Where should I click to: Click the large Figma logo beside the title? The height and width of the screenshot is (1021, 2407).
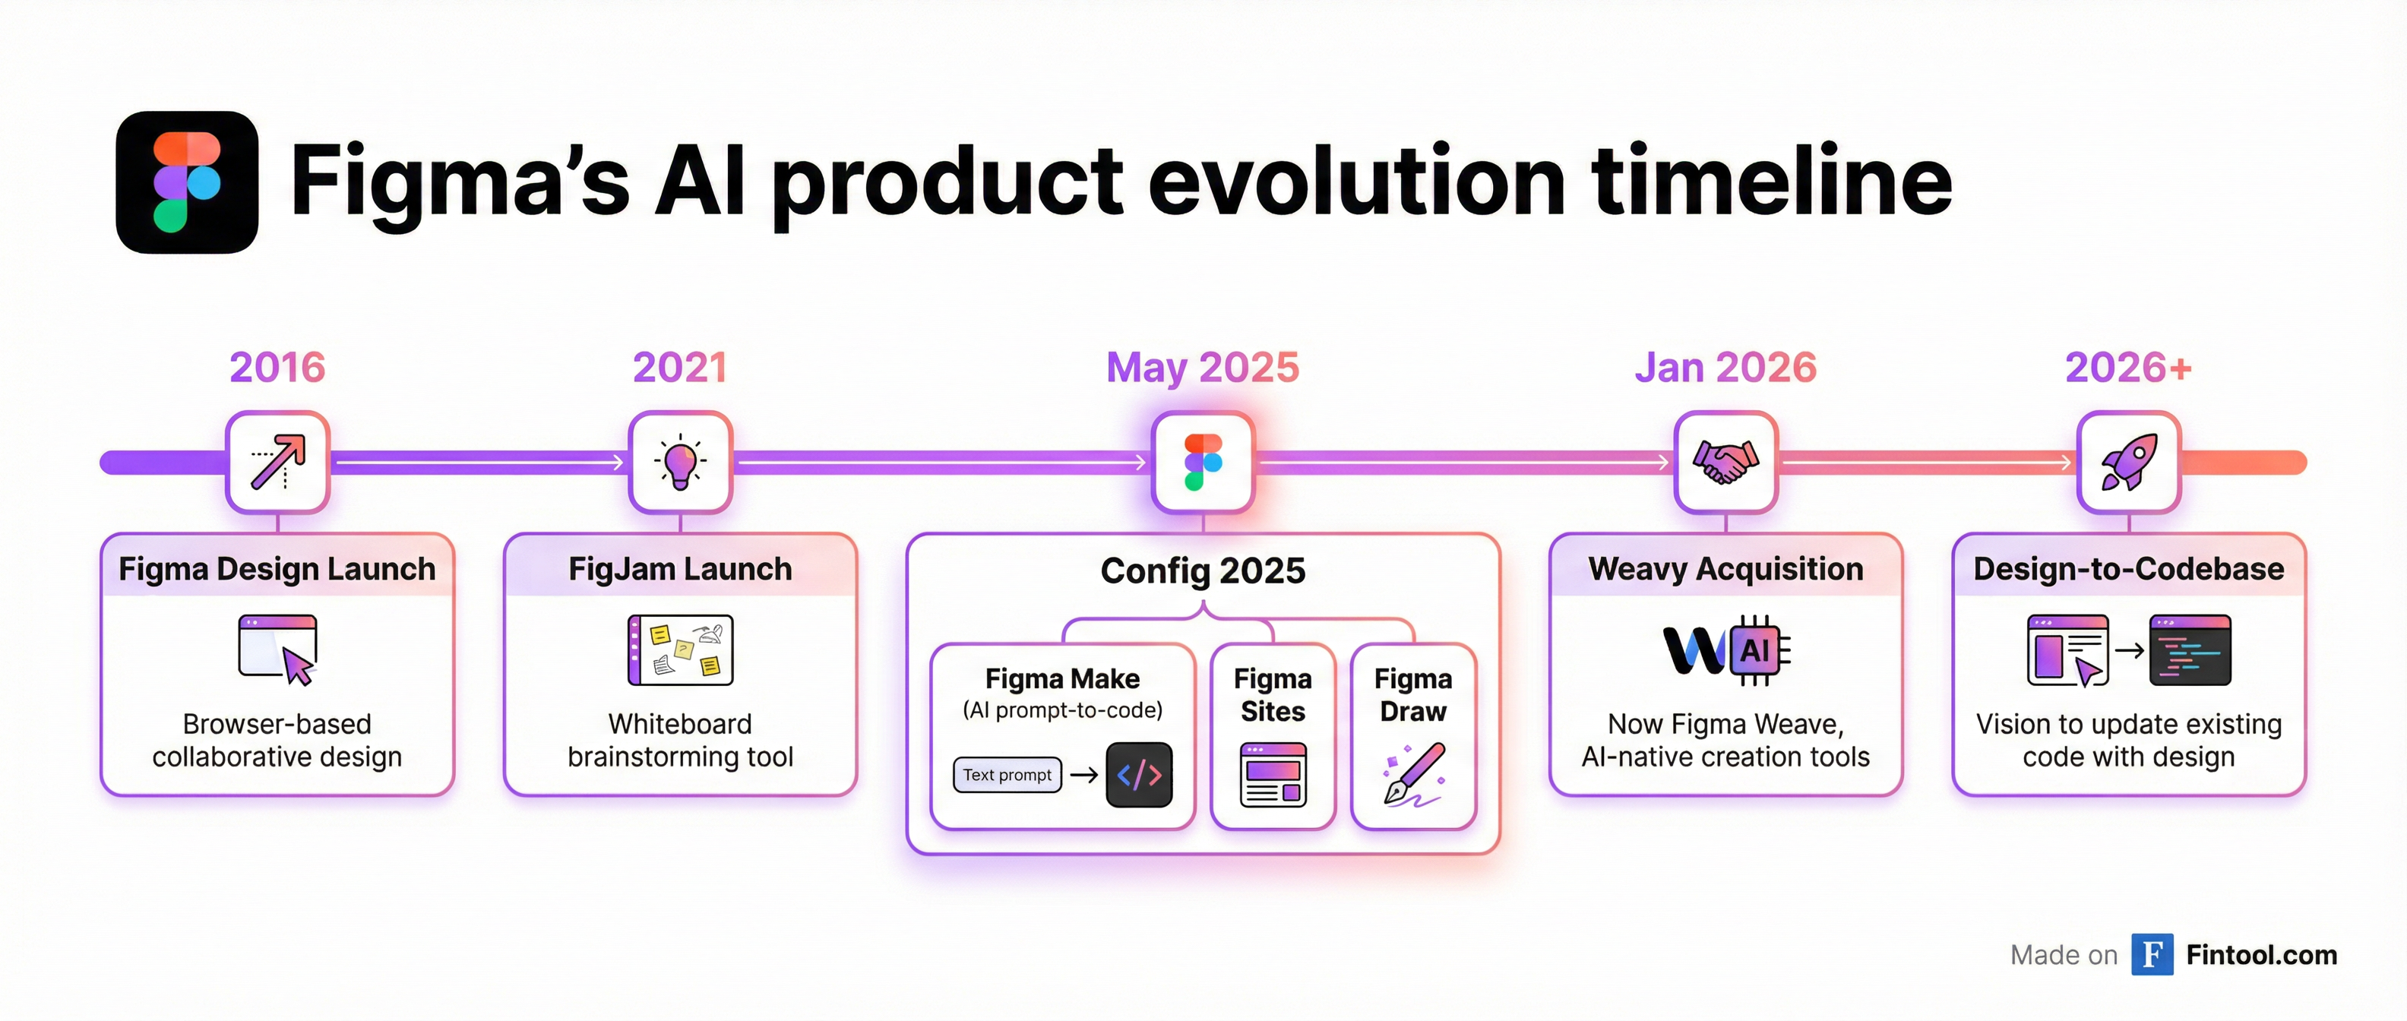coord(187,182)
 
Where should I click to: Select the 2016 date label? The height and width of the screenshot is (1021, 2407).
coord(277,367)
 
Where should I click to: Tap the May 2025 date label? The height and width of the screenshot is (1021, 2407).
coord(1203,367)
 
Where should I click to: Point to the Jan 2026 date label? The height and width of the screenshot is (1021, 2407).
coord(1725,367)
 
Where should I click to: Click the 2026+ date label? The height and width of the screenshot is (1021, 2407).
coord(2127,367)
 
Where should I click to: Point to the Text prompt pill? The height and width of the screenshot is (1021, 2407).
coord(1007,774)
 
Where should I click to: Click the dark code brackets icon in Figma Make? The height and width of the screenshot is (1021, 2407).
coord(1139,774)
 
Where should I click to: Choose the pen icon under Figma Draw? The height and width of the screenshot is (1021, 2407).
coord(1414,774)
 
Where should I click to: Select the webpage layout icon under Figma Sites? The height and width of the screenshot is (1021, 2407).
coord(1273,774)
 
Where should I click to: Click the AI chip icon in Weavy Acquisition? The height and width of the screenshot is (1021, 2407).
coord(1757,650)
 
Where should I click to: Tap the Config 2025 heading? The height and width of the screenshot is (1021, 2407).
coord(1203,571)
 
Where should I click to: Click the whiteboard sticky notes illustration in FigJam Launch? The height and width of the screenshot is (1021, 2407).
coord(680,650)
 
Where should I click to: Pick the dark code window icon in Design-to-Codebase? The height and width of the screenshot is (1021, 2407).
coord(2189,650)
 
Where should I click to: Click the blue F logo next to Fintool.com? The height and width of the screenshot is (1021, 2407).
coord(2151,955)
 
